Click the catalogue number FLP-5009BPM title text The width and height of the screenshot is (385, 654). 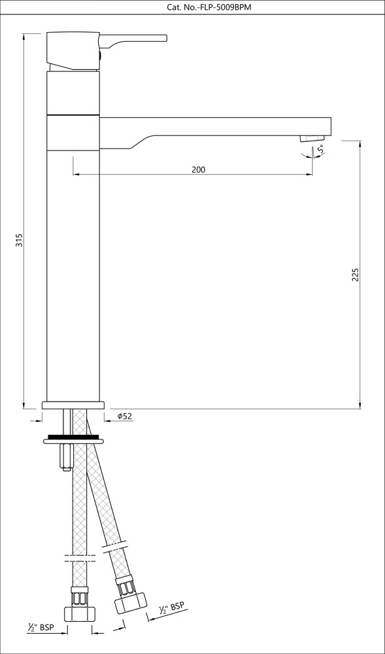tap(192, 7)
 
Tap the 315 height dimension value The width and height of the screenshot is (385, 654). tap(20, 240)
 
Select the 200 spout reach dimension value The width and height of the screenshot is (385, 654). tap(199, 169)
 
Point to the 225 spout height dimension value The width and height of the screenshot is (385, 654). tap(355, 275)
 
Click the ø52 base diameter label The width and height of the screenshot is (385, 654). tap(125, 417)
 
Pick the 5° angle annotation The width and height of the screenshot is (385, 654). tap(321, 150)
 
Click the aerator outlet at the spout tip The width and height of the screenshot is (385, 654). tap(312, 138)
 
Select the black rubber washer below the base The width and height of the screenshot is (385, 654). tap(73, 436)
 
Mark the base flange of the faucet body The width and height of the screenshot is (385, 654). tap(73, 405)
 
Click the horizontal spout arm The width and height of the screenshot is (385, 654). tap(216, 125)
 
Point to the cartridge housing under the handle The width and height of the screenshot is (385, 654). tap(73, 93)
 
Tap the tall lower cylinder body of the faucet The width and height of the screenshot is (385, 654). tap(73, 275)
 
